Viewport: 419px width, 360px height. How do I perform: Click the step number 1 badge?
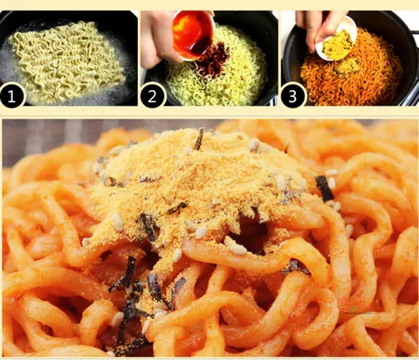pyautogui.click(x=11, y=95)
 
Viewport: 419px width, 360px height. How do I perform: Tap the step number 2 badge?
pyautogui.click(x=153, y=95)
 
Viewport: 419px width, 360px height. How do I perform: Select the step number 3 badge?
pyautogui.click(x=292, y=95)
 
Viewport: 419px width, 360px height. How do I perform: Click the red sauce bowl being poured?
pyautogui.click(x=193, y=34)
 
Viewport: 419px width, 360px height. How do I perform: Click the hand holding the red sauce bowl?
pyautogui.click(x=159, y=38)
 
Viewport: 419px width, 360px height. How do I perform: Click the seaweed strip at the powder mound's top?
pyautogui.click(x=199, y=139)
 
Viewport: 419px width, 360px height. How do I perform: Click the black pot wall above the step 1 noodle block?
pyautogui.click(x=58, y=17)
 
